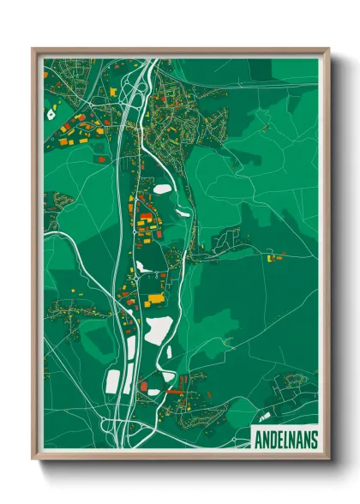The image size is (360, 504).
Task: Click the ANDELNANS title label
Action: [x=285, y=439]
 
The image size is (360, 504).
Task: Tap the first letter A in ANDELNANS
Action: [x=258, y=439]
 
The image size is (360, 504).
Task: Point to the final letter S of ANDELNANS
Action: [x=313, y=439]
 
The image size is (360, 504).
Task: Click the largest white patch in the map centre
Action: [x=159, y=331]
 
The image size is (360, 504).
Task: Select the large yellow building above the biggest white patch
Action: [x=155, y=299]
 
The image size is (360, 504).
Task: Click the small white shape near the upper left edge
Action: [x=52, y=111]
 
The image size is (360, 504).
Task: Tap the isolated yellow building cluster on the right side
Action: [x=274, y=255]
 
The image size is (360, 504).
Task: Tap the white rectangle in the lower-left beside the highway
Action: [x=112, y=380]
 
